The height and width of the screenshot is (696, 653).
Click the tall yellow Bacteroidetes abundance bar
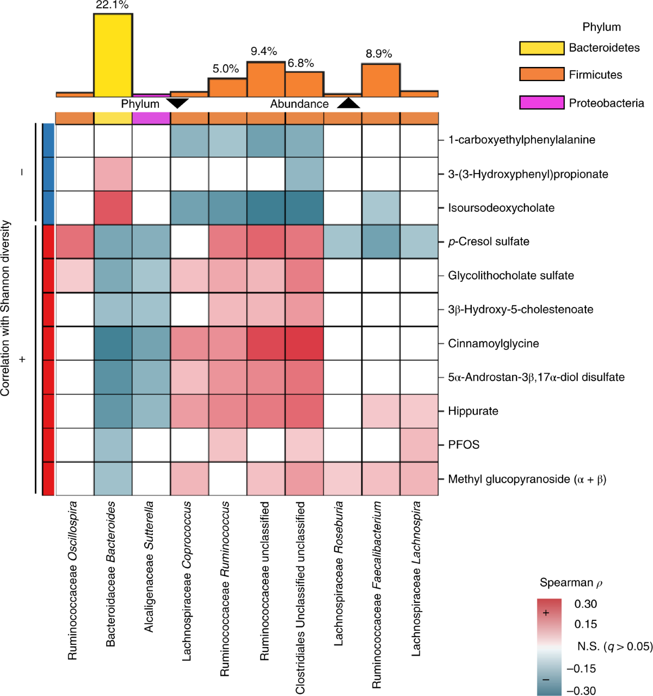click(113, 54)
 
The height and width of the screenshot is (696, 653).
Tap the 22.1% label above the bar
click(112, 5)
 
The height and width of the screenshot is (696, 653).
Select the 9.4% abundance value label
click(264, 51)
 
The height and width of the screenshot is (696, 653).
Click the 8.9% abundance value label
click(379, 54)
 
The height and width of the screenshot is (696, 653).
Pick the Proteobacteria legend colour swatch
click(541, 102)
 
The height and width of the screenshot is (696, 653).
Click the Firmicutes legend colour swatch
click(541, 74)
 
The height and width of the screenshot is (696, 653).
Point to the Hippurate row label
click(473, 411)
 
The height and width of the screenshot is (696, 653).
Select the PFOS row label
click(464, 445)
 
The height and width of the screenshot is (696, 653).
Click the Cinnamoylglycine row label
click(493, 343)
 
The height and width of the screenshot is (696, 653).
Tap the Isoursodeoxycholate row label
click(501, 208)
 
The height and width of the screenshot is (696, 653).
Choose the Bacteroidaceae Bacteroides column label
click(111, 574)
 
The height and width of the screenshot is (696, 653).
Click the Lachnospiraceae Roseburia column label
click(339, 574)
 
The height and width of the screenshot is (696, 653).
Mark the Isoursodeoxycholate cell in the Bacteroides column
click(113, 208)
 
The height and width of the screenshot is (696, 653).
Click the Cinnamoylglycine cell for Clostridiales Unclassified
click(304, 343)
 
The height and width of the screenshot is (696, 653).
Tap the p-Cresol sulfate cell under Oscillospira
click(75, 242)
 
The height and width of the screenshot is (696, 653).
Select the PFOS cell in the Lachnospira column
click(419, 445)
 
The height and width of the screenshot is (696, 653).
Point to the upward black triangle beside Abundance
click(348, 102)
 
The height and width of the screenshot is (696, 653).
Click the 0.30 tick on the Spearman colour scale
click(586, 604)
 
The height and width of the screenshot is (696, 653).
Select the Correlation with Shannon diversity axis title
click(6, 307)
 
